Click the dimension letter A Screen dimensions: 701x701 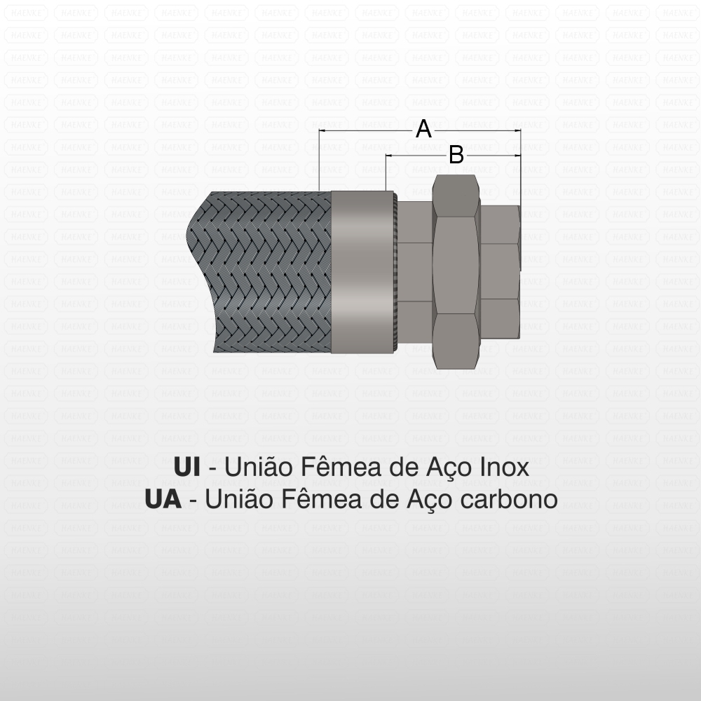[x=423, y=129]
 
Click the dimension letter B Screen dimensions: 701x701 [x=456, y=155]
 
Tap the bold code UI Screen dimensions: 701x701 [x=186, y=467]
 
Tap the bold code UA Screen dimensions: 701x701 [x=163, y=499]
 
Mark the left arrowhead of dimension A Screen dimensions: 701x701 [x=322, y=130]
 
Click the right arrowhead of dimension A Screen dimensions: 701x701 [x=517, y=130]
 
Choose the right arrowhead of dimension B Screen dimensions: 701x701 [x=517, y=156]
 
